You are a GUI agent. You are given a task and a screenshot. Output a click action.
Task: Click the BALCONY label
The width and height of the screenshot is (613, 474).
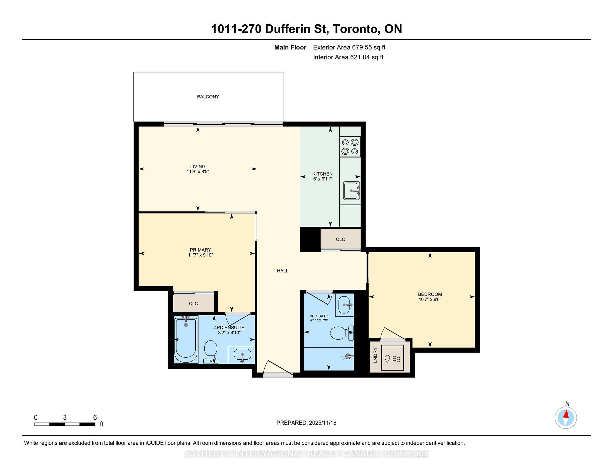pyautogui.click(x=208, y=97)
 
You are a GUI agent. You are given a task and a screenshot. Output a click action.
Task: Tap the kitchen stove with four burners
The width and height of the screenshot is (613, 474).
pyautogui.click(x=350, y=147)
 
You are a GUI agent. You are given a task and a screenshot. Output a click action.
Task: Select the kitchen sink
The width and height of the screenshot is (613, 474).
pyautogui.click(x=352, y=191)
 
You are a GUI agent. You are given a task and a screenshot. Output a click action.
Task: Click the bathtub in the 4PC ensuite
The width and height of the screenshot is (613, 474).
pyautogui.click(x=186, y=339)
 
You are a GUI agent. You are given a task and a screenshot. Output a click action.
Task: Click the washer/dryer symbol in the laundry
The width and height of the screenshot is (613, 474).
pyautogui.click(x=392, y=358)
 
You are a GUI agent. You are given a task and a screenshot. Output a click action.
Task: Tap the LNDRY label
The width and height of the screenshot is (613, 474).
pyautogui.click(x=375, y=355)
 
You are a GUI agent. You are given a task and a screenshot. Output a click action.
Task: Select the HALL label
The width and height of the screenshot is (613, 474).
pyautogui.click(x=283, y=271)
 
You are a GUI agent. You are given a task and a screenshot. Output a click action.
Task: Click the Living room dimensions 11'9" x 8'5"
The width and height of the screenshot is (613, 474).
pyautogui.click(x=198, y=172)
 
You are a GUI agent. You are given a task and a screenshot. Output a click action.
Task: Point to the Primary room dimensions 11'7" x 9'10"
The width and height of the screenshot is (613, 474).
pyautogui.click(x=201, y=255)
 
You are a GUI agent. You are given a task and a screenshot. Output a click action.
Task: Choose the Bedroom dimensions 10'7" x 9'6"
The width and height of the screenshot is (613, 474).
pyautogui.click(x=430, y=299)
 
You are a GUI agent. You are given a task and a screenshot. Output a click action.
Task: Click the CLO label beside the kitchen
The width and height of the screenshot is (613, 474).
pyautogui.click(x=341, y=239)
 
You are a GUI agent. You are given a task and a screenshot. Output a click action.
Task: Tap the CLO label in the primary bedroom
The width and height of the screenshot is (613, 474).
pyautogui.click(x=194, y=303)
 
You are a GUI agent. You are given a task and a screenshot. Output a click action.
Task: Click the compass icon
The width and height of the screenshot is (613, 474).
pyautogui.click(x=566, y=417)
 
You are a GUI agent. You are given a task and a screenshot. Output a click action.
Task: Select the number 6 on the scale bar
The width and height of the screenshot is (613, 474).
pyautogui.click(x=95, y=417)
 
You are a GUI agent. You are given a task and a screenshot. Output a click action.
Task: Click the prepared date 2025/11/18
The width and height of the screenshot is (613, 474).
pyautogui.click(x=323, y=423)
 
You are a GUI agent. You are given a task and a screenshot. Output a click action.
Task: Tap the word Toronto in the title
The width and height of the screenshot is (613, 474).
pyautogui.click(x=356, y=29)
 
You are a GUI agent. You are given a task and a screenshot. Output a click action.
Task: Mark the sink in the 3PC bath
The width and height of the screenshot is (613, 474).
pyautogui.click(x=344, y=305)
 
